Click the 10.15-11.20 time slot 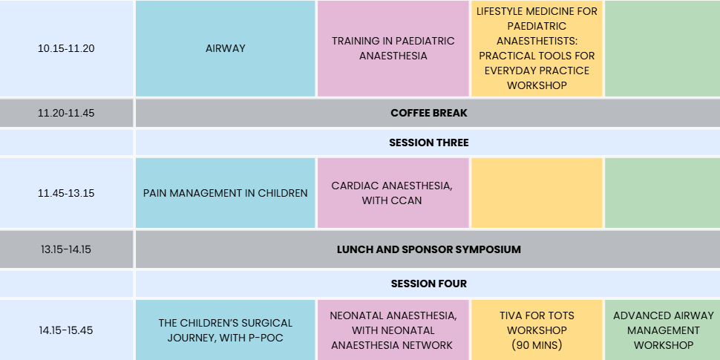point(66,48)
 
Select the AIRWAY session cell point(226,48)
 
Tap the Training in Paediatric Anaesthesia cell point(393,48)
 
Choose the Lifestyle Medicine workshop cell point(537,48)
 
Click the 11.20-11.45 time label point(66,113)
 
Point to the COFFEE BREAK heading point(429,113)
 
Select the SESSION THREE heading point(429,143)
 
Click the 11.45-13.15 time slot point(66,193)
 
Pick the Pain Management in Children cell point(226,193)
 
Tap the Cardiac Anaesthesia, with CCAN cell point(393,193)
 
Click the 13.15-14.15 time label point(66,249)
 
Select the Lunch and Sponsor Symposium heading point(429,249)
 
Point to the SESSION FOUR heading point(429,284)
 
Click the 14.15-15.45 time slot point(66,330)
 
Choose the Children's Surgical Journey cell point(226,330)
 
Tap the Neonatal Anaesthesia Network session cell point(393,330)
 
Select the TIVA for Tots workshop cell point(537,330)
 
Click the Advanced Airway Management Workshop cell point(663,330)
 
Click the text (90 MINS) point(537,345)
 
